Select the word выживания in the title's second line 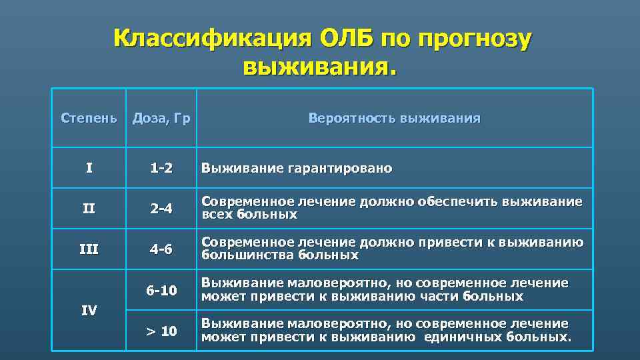click(319, 67)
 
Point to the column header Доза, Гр click(161, 119)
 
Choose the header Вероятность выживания click(394, 119)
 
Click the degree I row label click(89, 169)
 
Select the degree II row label click(89, 209)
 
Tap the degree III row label click(89, 249)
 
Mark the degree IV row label click(89, 310)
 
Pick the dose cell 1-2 click(161, 169)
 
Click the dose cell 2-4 click(161, 209)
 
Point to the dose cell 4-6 click(161, 249)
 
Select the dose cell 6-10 click(161, 290)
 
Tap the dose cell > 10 click(161, 331)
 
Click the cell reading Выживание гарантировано click(297, 169)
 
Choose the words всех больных click(249, 215)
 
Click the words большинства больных click(279, 255)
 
